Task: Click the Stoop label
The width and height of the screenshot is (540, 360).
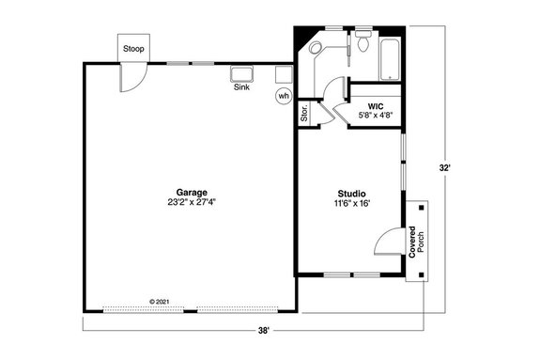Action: pos(132,49)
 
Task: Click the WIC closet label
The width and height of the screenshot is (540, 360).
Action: pos(376,106)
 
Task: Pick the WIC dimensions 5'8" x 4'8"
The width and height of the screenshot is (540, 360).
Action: pos(376,117)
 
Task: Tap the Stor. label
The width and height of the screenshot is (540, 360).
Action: pos(304,115)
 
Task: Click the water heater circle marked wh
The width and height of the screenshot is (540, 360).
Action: pos(283,95)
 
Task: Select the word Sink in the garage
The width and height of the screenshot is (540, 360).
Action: pos(241,87)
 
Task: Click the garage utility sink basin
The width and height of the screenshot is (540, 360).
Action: pos(244,73)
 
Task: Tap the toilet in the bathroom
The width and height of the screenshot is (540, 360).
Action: pos(363,43)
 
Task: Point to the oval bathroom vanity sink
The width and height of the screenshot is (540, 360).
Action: pos(316,47)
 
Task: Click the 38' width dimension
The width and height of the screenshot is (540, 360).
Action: pos(265,330)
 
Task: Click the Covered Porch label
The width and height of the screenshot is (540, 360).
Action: pos(416,243)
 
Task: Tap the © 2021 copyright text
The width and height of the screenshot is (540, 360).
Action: pos(164,302)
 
